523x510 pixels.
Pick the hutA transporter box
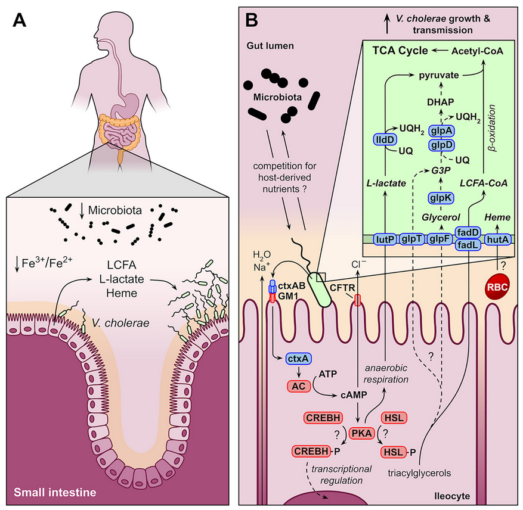coord(499,239)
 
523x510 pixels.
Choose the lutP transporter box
coord(385,239)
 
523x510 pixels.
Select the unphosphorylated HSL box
coord(393,418)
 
